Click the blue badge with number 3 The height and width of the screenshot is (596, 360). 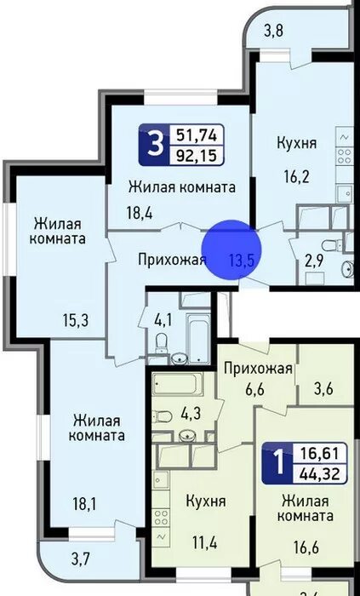click(154, 146)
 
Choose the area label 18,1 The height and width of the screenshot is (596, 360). click(83, 503)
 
